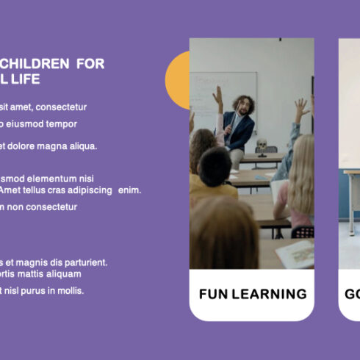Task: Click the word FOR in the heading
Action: click(90, 64)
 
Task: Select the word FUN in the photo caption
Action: click(214, 295)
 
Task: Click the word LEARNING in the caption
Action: click(269, 295)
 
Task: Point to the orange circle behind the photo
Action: click(176, 81)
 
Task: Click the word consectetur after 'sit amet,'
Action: click(62, 107)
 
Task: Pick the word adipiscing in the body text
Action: click(88, 190)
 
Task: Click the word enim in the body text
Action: click(129, 190)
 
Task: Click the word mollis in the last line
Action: click(71, 290)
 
